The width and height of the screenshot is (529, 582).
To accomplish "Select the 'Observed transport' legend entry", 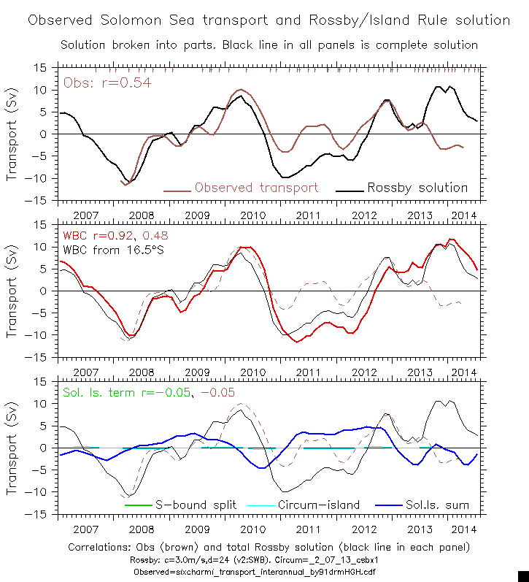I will pyautogui.click(x=256, y=188).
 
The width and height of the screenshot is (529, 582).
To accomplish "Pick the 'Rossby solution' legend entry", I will pyautogui.click(x=417, y=188).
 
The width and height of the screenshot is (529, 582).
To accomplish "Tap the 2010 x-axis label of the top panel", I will pyautogui.click(x=252, y=215).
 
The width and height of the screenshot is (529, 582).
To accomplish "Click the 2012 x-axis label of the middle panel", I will pyautogui.click(x=365, y=372).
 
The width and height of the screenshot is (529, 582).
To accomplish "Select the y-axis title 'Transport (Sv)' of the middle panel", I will pyautogui.click(x=12, y=292).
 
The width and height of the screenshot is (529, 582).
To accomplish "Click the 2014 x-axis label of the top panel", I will pyautogui.click(x=463, y=215).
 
